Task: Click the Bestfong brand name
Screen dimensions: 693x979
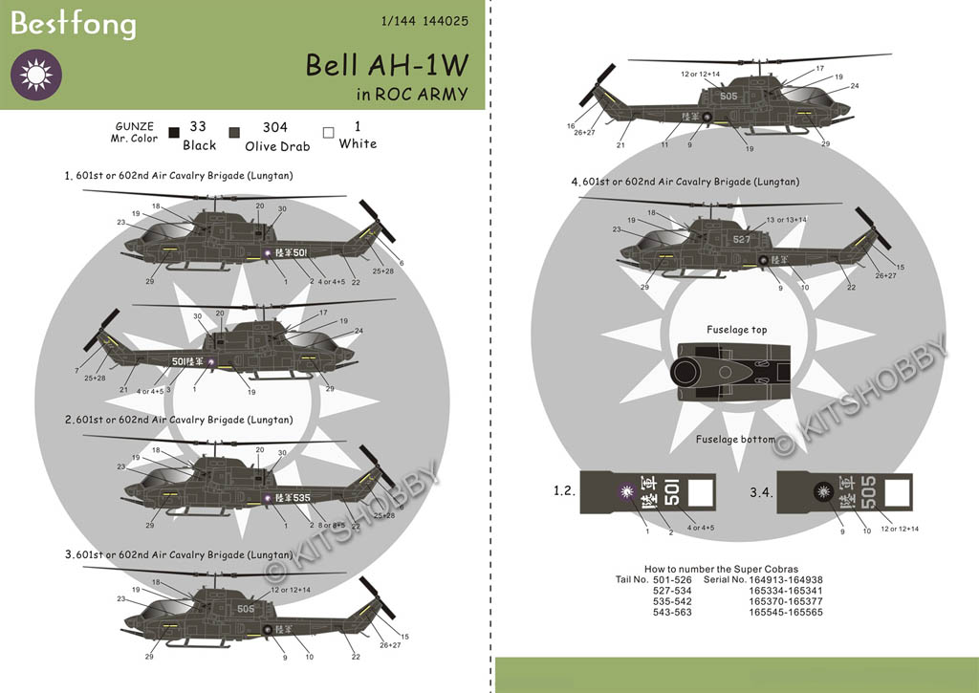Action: click(73, 24)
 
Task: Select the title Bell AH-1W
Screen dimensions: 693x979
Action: click(387, 65)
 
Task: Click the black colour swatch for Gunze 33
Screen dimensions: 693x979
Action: click(174, 134)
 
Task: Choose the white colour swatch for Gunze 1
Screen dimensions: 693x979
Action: click(328, 134)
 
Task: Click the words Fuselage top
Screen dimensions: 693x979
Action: click(736, 330)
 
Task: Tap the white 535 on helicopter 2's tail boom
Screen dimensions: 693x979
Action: click(300, 498)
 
